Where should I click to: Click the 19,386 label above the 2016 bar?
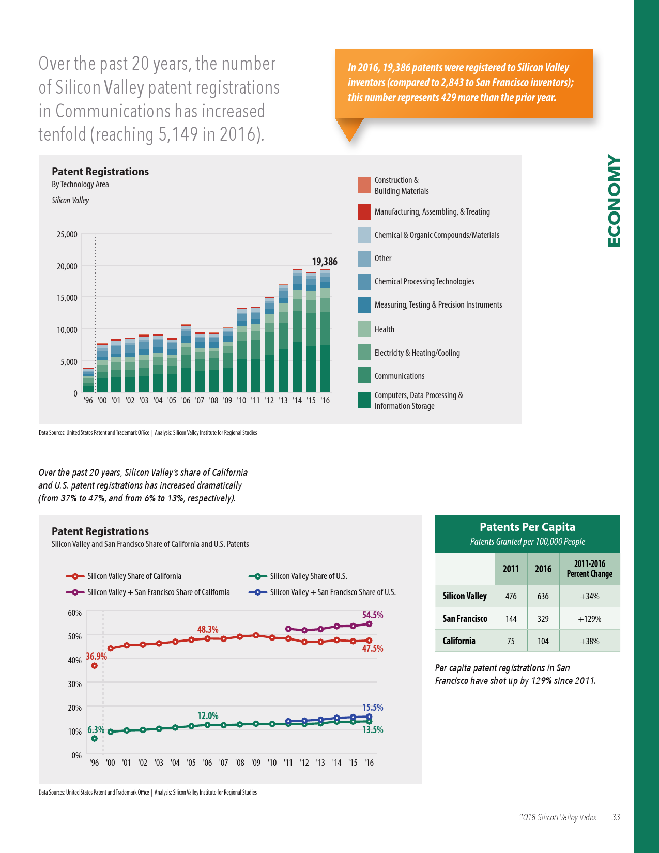(325, 262)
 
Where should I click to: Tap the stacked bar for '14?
(297, 331)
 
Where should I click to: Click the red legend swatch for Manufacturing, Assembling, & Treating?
(364, 212)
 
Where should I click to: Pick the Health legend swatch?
(364, 329)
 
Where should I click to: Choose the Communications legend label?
(399, 376)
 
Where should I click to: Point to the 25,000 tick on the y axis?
(67, 234)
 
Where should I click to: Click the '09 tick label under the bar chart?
(227, 400)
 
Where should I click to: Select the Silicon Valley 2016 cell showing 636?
(543, 596)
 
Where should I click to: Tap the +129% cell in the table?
(589, 619)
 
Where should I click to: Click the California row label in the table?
(459, 641)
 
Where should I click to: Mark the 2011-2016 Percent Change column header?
(589, 569)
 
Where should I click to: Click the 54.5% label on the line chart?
(373, 615)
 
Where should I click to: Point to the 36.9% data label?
(96, 656)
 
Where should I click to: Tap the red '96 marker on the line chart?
(95, 666)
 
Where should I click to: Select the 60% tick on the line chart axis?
(75, 613)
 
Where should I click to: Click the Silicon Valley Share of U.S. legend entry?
(308, 576)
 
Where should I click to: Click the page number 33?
(616, 817)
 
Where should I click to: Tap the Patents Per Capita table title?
(527, 527)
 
